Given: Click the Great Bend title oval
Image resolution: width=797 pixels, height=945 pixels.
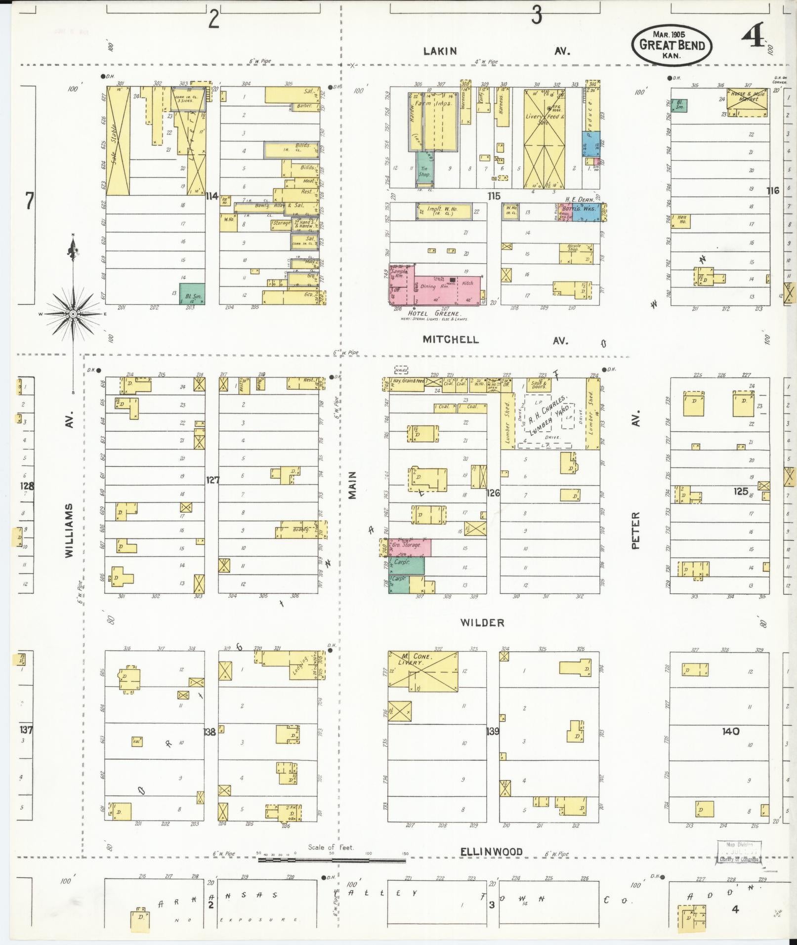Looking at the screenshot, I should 672,45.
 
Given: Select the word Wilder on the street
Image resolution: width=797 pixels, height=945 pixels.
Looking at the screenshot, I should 482,623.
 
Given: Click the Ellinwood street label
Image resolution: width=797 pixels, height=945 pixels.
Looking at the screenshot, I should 491,852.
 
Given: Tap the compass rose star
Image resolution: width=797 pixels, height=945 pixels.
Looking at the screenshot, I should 73,314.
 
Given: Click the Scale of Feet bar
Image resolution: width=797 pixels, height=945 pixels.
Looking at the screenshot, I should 332,860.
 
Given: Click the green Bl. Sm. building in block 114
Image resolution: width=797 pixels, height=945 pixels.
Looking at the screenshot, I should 192,293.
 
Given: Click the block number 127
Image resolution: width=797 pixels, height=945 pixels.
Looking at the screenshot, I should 212,479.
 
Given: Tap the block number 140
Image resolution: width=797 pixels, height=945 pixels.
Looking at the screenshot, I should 730,731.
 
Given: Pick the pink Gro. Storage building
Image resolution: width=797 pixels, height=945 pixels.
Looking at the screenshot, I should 410,547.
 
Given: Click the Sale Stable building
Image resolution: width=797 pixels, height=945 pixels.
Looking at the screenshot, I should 118,141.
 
